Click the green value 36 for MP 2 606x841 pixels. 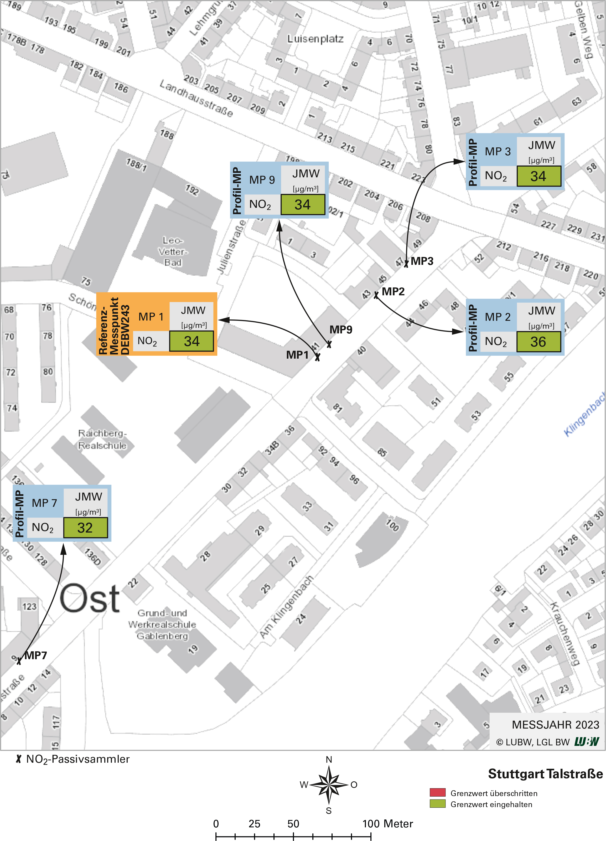538,342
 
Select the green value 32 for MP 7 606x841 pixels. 85,528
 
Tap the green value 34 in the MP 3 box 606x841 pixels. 538,176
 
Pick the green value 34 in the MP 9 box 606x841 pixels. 302,205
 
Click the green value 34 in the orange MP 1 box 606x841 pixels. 191,341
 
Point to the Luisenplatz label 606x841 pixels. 315,39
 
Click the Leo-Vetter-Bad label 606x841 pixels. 173,251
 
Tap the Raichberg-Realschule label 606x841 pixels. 102,439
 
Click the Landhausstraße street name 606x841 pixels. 196,98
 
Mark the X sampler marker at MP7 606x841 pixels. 19,661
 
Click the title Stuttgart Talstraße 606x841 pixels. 545,774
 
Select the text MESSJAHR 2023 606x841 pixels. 555,725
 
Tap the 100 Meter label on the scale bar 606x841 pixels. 387,824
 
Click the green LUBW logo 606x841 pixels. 587,742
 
